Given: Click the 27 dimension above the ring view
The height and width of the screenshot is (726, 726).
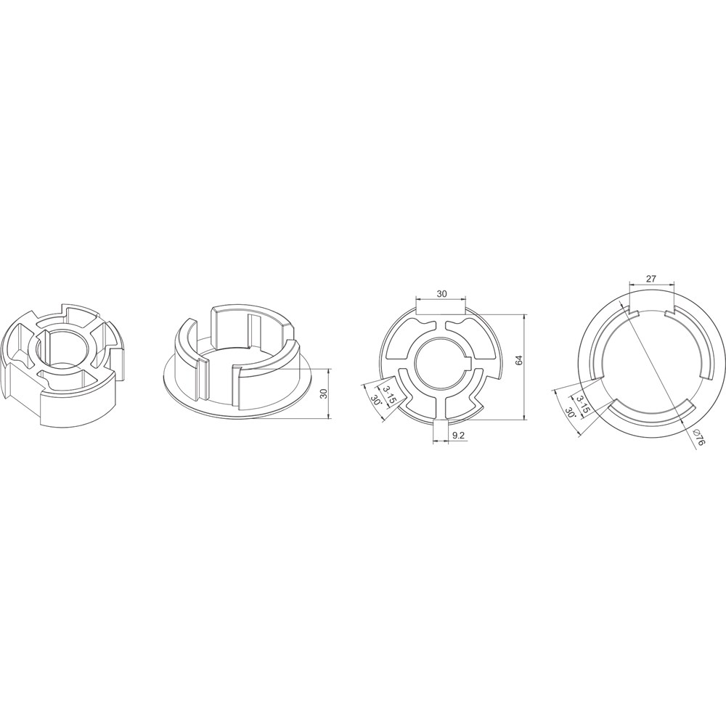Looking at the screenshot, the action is [x=651, y=279].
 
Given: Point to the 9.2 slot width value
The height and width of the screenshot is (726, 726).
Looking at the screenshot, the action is [x=458, y=435].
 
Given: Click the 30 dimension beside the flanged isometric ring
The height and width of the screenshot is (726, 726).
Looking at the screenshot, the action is [x=324, y=393].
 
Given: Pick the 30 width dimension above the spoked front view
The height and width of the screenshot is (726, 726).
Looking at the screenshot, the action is [x=441, y=293].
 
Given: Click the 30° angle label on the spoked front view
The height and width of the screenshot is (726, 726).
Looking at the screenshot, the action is [x=376, y=393].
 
